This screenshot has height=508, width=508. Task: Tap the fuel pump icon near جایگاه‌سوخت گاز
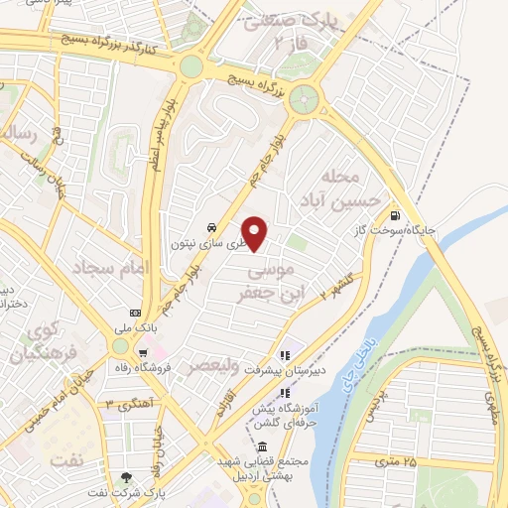click(x=396, y=215)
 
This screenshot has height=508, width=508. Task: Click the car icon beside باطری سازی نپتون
click(x=212, y=227)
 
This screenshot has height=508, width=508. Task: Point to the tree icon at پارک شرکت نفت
click(x=124, y=478)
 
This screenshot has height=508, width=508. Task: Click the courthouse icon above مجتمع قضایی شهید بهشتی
click(x=261, y=446)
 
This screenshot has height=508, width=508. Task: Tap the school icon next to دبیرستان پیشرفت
click(x=285, y=354)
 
